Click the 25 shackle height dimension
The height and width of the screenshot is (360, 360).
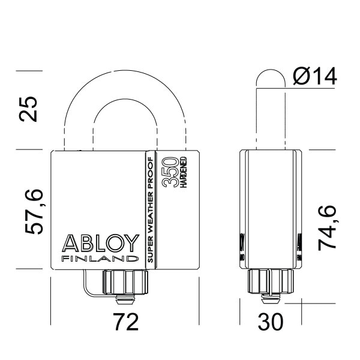29,108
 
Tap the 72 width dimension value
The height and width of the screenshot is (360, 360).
125,322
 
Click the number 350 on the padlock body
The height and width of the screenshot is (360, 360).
170,172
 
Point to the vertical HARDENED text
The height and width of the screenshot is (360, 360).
183,172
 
